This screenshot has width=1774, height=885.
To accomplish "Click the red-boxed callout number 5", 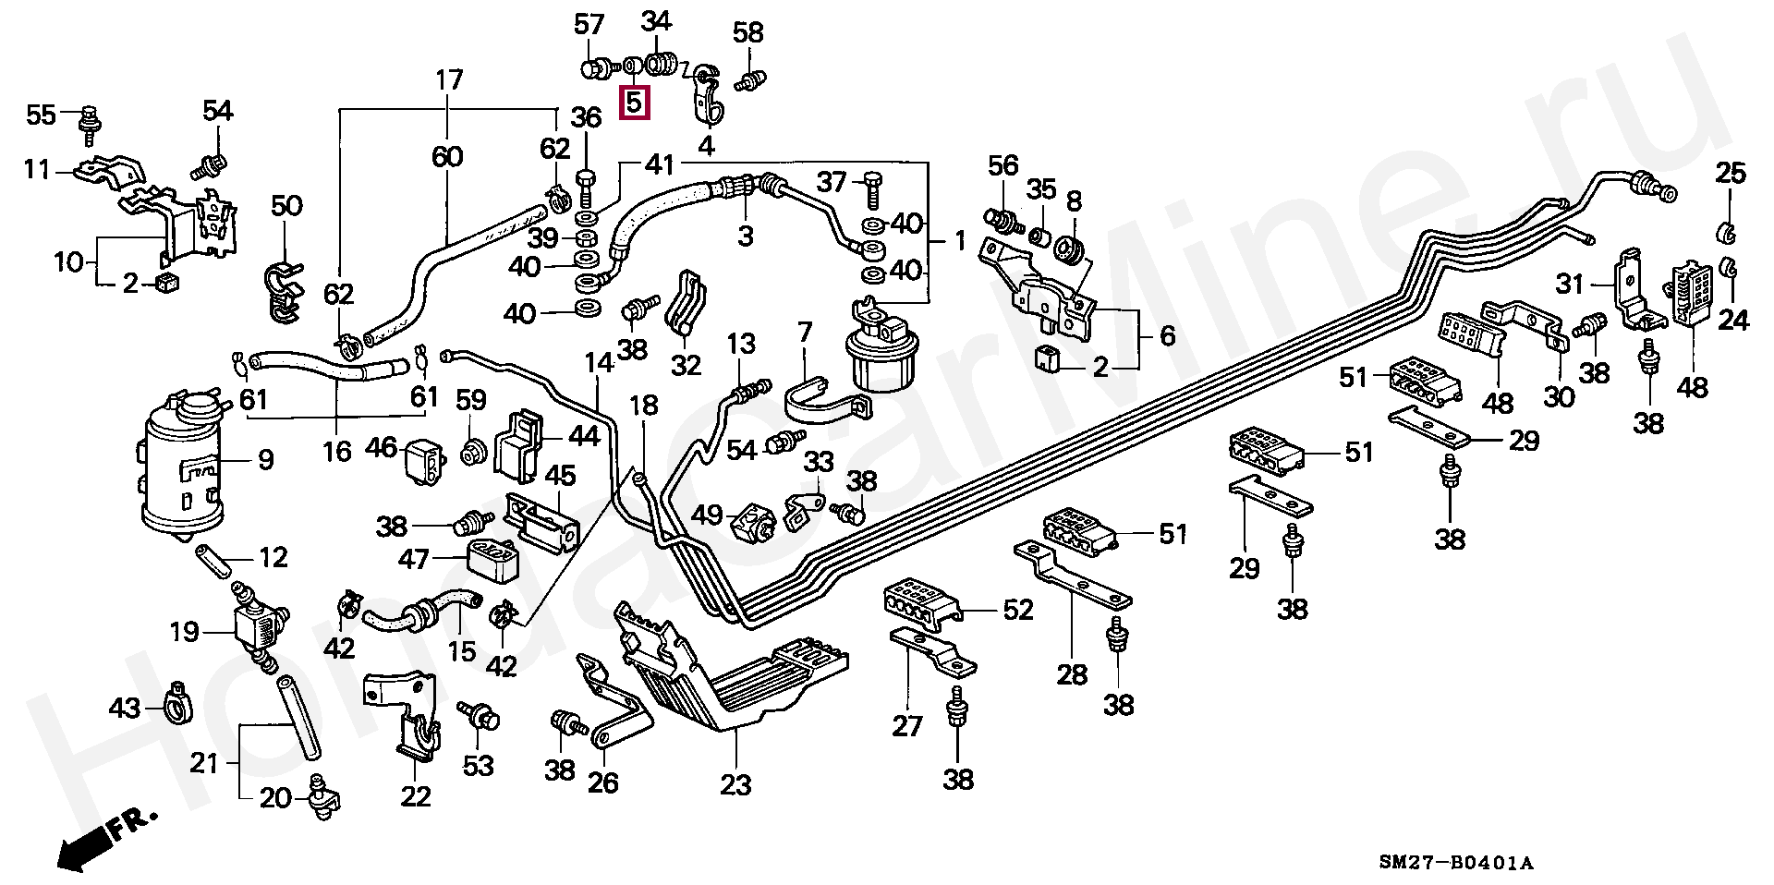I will click(x=634, y=101).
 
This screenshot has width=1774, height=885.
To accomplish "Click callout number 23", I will click(x=735, y=784).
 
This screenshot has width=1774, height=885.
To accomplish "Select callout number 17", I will click(x=448, y=80).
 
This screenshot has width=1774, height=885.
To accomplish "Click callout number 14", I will click(x=600, y=363).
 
